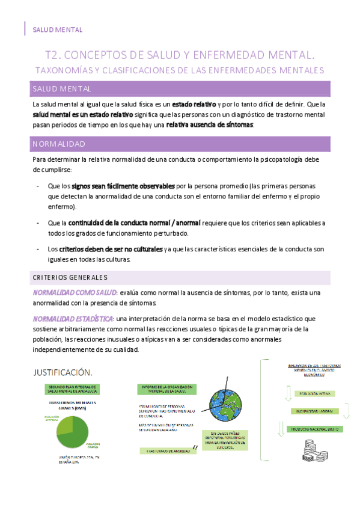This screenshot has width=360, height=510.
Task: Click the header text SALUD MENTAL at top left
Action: tap(57, 29)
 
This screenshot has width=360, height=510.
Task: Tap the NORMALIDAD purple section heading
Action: tap(59, 144)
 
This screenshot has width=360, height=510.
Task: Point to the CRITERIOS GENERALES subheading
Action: tap(70, 277)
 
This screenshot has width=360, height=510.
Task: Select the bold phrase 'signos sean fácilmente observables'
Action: tap(124, 186)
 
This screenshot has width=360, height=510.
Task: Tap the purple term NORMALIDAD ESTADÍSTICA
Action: tap(73, 318)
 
